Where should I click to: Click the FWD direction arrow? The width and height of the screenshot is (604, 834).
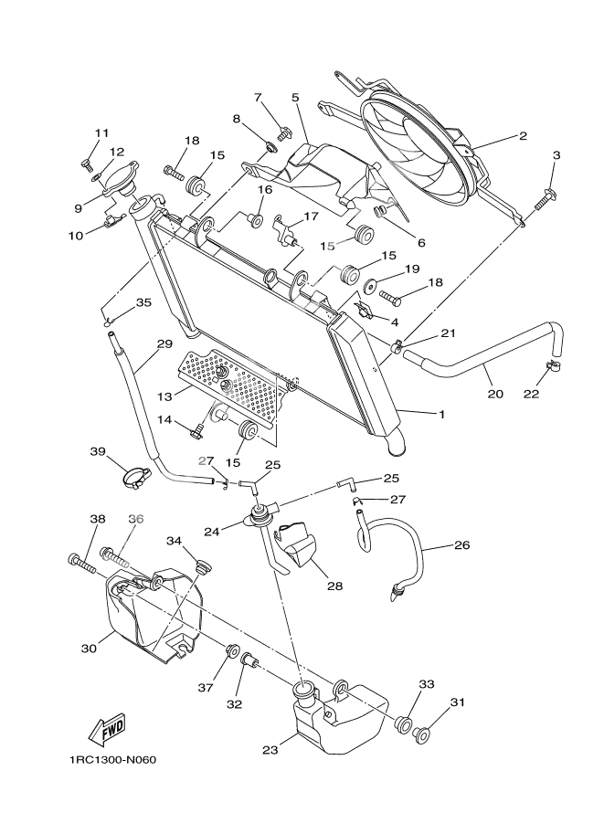[x=108, y=729]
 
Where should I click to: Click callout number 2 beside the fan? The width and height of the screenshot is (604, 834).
[x=523, y=137]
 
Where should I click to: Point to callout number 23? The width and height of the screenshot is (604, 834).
[x=270, y=751]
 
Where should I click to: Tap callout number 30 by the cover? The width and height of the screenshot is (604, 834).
[x=89, y=649]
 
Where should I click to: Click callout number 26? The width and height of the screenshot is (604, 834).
[x=462, y=545]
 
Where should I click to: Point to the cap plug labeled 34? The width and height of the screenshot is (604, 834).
[x=203, y=560]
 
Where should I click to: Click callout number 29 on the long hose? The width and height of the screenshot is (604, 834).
[x=164, y=344]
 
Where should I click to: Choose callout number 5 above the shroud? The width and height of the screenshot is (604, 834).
[x=295, y=97]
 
